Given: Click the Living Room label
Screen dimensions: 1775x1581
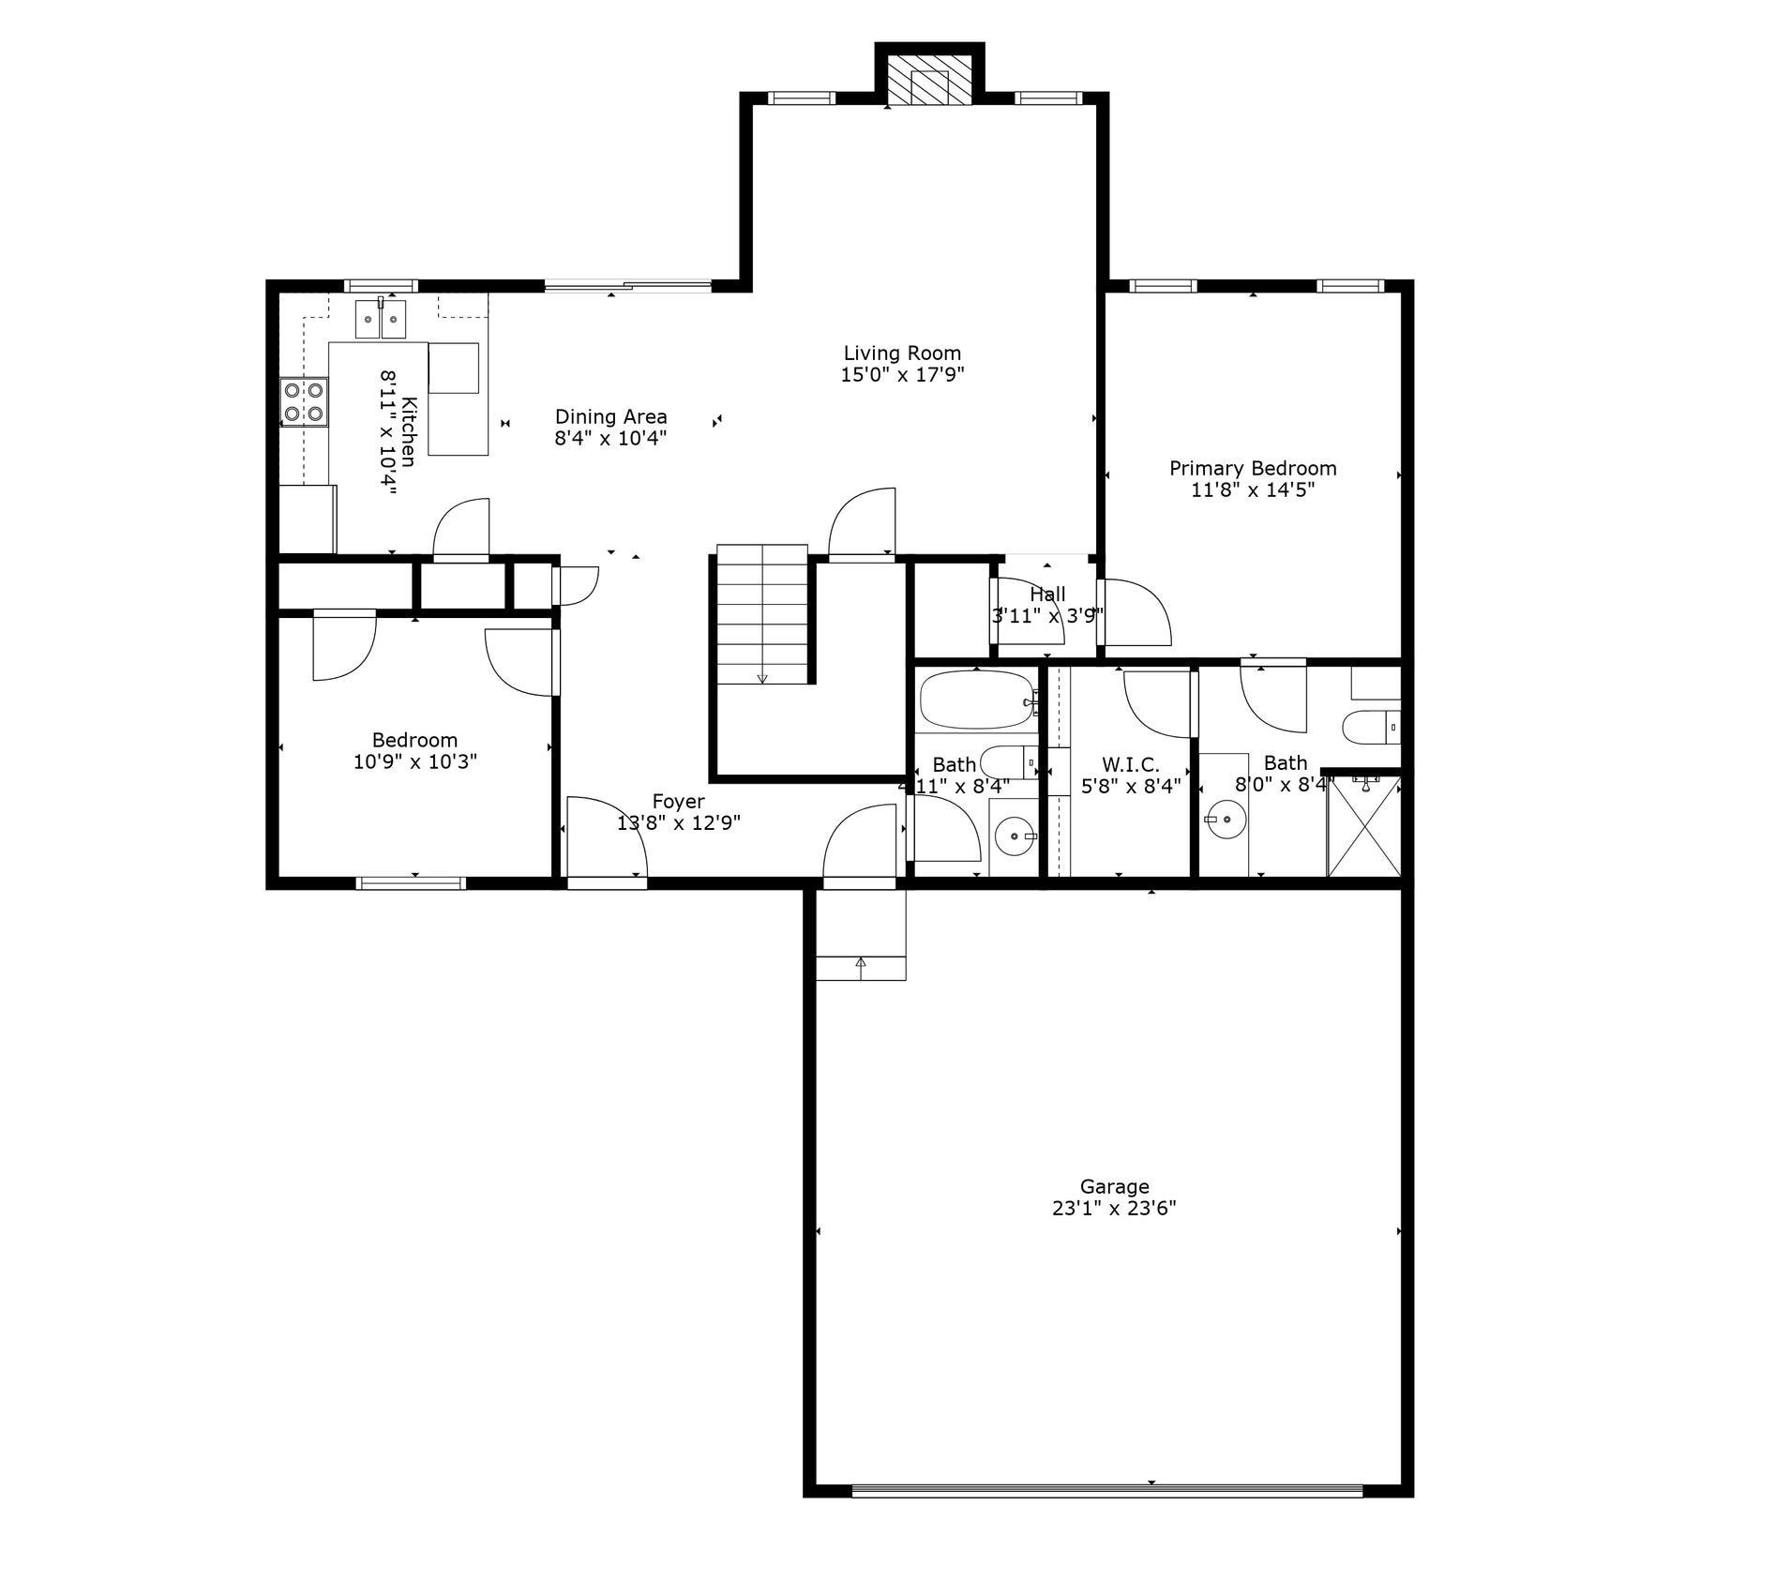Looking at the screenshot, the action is pyautogui.click(x=902, y=354).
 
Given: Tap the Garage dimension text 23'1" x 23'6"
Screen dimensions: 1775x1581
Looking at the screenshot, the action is pyautogui.click(x=1114, y=1209).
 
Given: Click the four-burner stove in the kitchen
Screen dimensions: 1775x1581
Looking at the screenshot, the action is pyautogui.click(x=304, y=401).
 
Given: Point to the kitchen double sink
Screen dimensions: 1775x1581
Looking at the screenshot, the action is pyautogui.click(x=380, y=319).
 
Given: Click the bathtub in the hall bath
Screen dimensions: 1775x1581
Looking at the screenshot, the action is pyautogui.click(x=978, y=700).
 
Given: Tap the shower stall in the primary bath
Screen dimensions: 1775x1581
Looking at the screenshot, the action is pyautogui.click(x=1364, y=825).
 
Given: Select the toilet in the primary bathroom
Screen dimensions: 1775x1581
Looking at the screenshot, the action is pyautogui.click(x=1371, y=727).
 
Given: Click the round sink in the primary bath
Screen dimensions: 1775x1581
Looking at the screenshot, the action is pyautogui.click(x=1224, y=820).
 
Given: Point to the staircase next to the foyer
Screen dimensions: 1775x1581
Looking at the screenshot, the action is pyautogui.click(x=762, y=614).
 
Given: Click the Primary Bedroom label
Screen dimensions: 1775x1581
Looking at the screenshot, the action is pyautogui.click(x=1253, y=468).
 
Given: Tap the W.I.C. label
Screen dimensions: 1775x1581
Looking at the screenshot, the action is pyautogui.click(x=1130, y=765).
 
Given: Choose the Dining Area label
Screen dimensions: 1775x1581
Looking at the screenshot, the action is pyautogui.click(x=611, y=416).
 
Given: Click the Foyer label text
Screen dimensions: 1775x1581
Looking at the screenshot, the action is pyautogui.click(x=678, y=802).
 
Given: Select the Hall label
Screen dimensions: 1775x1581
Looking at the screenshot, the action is pyautogui.click(x=1047, y=595).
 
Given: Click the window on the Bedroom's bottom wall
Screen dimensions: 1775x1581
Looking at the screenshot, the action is pyautogui.click(x=411, y=882).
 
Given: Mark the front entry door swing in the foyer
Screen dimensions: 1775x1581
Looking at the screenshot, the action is pyautogui.click(x=607, y=837).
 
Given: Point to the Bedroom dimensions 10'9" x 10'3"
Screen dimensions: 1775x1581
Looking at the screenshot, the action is pyautogui.click(x=415, y=761).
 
